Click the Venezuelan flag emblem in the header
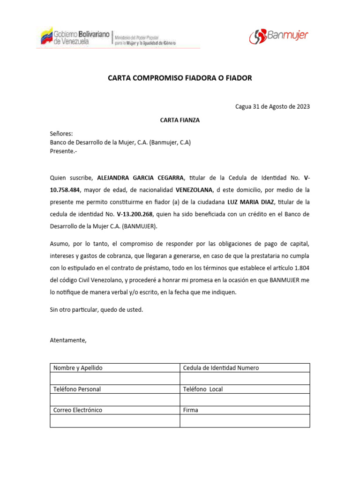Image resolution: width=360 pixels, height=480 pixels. [46, 37]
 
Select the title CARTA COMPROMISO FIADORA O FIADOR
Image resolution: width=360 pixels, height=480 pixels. [180, 78]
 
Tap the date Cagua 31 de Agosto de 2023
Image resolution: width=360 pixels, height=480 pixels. [272, 106]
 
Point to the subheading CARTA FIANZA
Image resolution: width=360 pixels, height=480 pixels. [180, 120]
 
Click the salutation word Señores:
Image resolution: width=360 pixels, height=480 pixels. [61, 134]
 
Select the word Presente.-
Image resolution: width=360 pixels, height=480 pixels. [63, 151]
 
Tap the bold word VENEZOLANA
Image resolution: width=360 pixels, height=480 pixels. [194, 190]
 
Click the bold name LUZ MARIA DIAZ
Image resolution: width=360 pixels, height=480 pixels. [251, 202]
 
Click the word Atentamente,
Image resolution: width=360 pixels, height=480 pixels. [68, 340]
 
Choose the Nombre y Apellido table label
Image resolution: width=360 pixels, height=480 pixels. [78, 368]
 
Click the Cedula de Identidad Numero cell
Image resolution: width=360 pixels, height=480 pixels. [221, 368]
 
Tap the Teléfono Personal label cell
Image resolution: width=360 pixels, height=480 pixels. [77, 389]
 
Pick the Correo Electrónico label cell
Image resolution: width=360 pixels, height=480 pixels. [78, 410]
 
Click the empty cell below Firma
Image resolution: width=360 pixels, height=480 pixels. [245, 421]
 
